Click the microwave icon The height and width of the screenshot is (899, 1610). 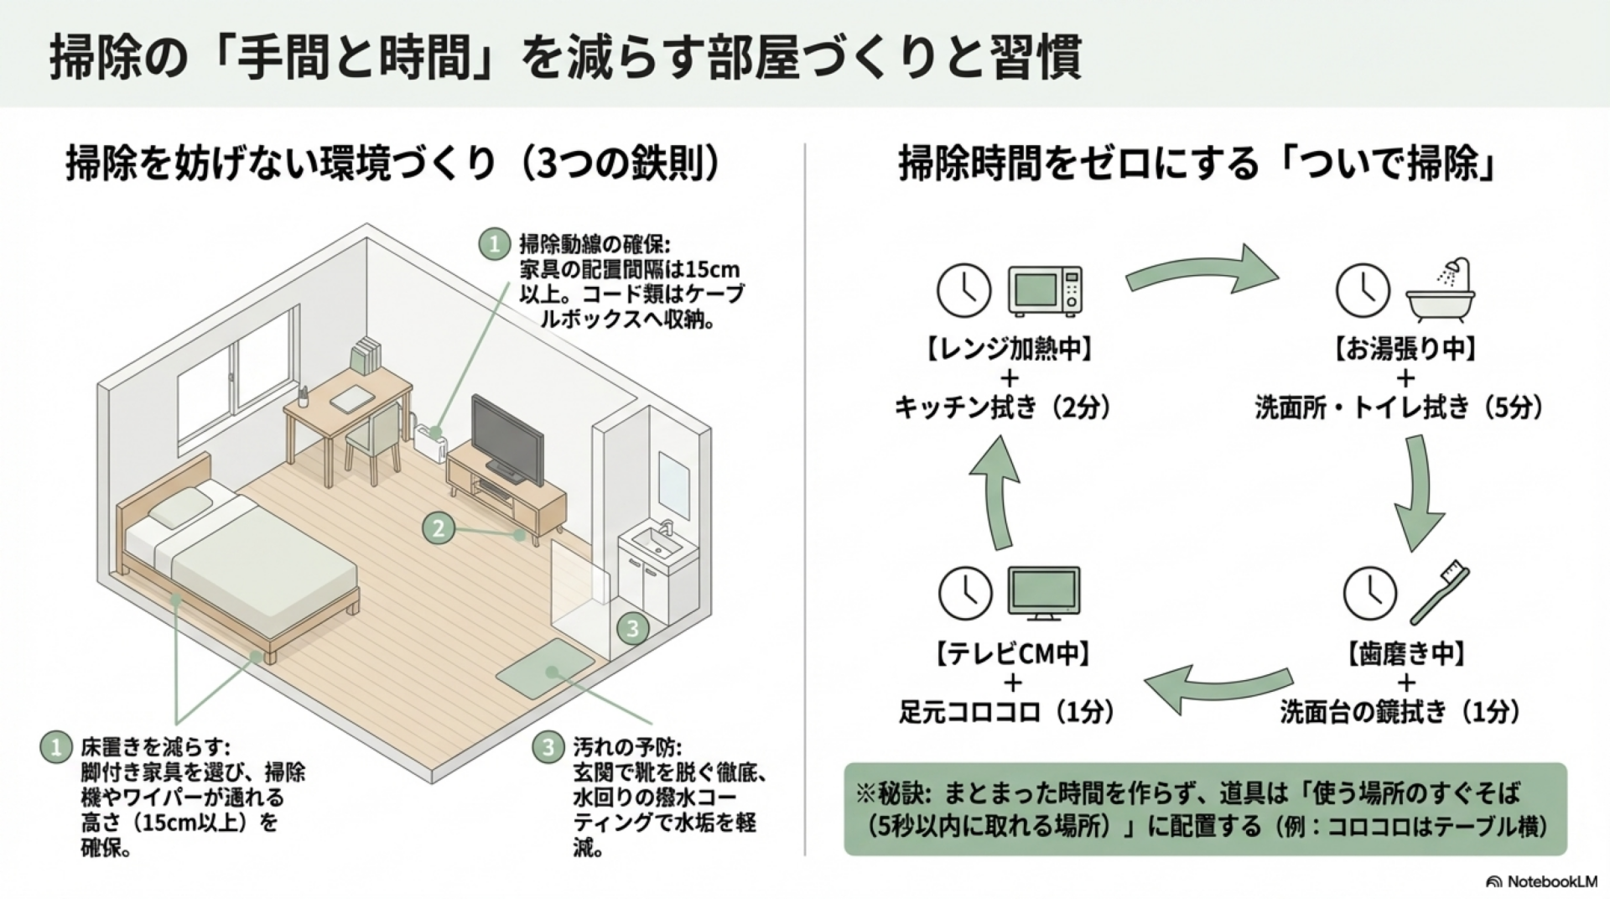click(1045, 290)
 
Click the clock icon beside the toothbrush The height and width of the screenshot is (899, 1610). click(1369, 593)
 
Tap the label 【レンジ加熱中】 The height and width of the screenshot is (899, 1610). click(1009, 348)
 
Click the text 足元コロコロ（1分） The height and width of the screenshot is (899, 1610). click(1007, 712)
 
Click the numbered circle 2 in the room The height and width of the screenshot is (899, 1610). click(438, 528)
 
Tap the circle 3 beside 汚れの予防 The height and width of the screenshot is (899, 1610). click(548, 746)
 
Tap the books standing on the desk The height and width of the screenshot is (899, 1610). click(366, 356)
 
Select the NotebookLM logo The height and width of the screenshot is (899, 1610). click(1541, 881)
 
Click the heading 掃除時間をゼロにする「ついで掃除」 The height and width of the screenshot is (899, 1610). click(1198, 164)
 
